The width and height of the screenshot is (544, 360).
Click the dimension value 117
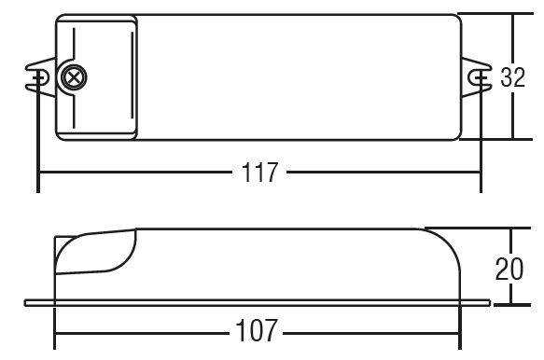pyautogui.click(x=259, y=173)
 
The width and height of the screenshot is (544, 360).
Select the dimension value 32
pyautogui.click(x=513, y=77)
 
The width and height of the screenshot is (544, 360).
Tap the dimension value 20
pyautogui.click(x=509, y=269)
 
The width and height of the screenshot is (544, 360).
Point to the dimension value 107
pyautogui.click(x=256, y=330)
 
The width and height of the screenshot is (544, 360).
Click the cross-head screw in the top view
pyautogui.click(x=73, y=77)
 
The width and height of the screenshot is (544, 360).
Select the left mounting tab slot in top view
pyautogui.click(x=39, y=77)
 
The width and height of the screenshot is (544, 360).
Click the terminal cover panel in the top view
pyautogui.click(x=96, y=77)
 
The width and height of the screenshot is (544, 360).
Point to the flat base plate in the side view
pyautogui.click(x=258, y=303)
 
